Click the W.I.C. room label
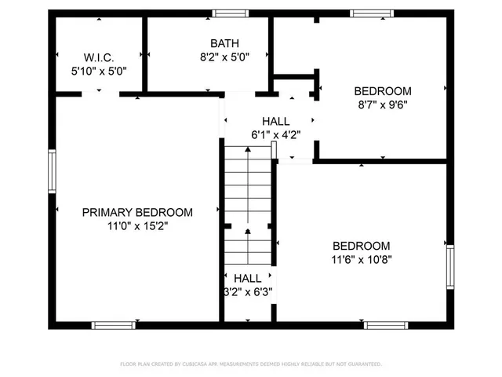pos(100,57)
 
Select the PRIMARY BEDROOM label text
pos(138,212)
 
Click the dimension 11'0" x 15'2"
pos(138,225)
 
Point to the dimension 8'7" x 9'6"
pos(383,103)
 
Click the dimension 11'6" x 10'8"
pos(361,258)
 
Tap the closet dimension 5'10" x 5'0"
pos(99,70)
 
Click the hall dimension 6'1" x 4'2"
pos(275,134)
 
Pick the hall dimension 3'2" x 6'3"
pos(248,291)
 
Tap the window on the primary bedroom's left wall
pos(52,171)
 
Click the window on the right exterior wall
pos(450,267)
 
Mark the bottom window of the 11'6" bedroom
pos(386,324)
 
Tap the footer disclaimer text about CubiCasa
pos(251,364)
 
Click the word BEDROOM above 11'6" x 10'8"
pos(361,245)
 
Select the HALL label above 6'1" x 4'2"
pos(275,121)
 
